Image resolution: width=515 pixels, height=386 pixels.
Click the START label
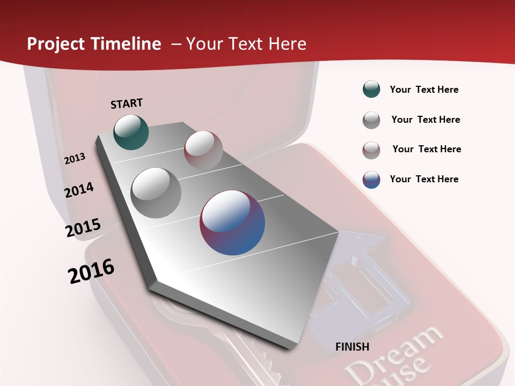(127, 103)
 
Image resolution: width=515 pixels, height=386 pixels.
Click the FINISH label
(352, 347)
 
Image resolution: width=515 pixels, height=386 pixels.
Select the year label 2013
(75, 159)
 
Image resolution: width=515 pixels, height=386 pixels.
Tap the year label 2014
(79, 190)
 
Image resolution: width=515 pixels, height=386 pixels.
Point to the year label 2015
(83, 228)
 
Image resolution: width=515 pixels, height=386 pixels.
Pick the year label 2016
(91, 271)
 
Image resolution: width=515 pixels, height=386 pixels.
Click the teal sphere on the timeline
(131, 132)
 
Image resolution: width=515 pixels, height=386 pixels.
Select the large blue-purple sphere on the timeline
(232, 222)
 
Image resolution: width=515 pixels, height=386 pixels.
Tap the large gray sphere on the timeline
(156, 192)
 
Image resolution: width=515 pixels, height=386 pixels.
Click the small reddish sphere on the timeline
(203, 150)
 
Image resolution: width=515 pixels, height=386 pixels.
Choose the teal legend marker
(371, 90)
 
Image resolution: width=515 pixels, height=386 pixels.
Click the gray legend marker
(371, 120)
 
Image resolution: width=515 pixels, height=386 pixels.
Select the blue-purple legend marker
(371, 180)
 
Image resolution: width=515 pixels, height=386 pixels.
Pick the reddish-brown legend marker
(371, 150)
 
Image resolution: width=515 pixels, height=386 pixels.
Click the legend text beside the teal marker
(424, 90)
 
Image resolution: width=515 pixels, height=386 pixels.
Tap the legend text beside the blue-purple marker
(424, 179)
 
